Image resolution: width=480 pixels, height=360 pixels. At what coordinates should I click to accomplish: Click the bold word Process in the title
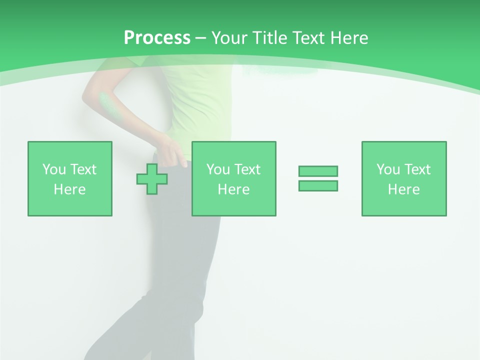pos(157,38)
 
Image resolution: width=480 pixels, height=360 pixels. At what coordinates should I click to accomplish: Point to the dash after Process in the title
pos(200,38)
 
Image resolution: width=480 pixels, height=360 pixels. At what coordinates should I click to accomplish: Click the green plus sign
pos(152,178)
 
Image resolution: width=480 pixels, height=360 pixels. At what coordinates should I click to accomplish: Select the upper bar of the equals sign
pos(318,171)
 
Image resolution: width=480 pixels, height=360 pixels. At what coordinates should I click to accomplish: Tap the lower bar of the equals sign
pos(318,185)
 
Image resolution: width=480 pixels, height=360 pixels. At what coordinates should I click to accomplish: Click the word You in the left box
pos(54,169)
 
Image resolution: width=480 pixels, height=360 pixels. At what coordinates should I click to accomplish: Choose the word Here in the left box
pos(69,189)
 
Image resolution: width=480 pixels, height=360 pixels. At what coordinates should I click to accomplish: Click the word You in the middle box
pos(218,169)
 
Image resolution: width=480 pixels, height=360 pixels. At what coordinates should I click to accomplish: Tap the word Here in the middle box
pos(233,189)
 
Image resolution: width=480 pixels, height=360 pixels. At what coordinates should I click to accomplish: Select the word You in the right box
pos(388,169)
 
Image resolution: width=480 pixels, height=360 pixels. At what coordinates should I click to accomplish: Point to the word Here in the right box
pos(403,189)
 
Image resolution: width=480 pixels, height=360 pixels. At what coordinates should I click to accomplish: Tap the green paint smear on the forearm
pos(107,104)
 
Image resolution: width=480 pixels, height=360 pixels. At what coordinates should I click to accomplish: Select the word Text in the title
pos(307,38)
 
